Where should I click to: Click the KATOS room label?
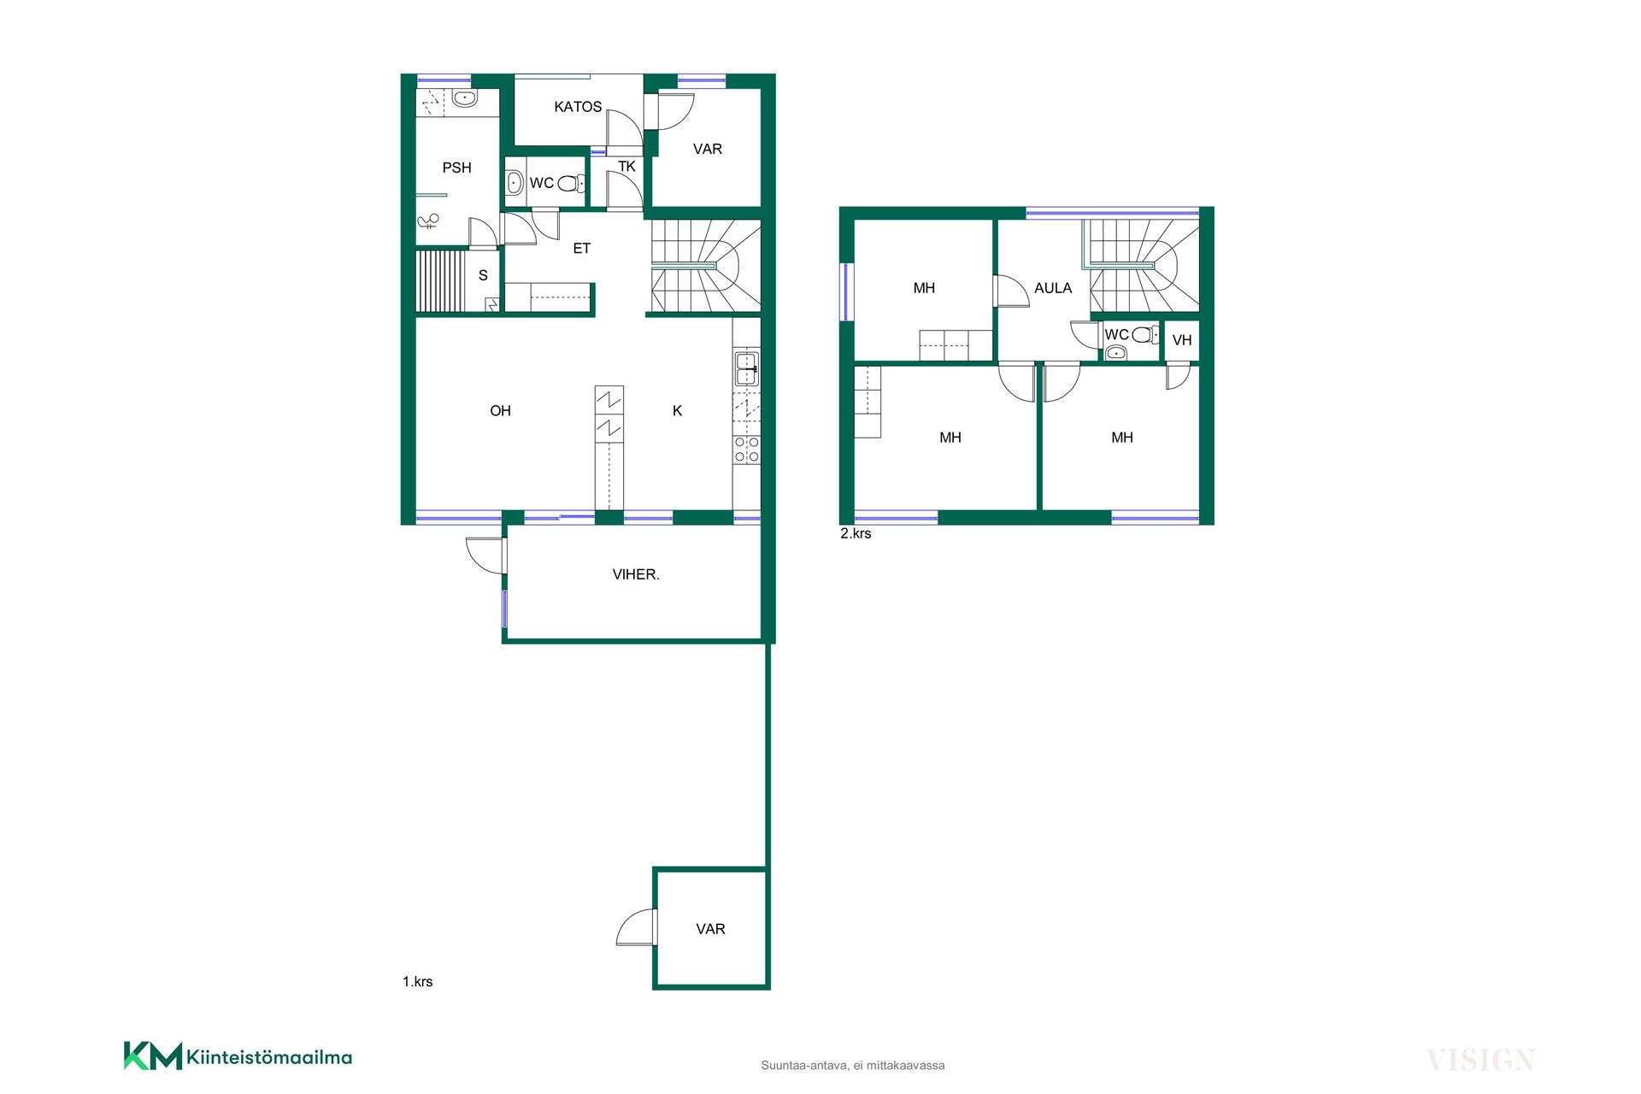(x=578, y=107)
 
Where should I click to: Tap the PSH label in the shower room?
(x=456, y=168)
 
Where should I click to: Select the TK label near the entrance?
(x=626, y=167)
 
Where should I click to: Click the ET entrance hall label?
(x=581, y=249)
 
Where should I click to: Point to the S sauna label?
(x=483, y=275)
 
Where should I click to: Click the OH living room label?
(x=500, y=411)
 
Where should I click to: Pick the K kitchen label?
(x=677, y=411)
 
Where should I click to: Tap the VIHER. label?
(x=636, y=574)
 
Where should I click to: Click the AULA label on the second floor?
(x=1053, y=288)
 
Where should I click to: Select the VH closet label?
(x=1182, y=340)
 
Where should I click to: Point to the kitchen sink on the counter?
(x=746, y=369)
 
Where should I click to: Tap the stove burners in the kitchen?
(x=746, y=450)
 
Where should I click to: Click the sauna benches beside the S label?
(x=441, y=281)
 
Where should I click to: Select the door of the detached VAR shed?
(x=637, y=927)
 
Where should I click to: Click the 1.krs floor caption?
(x=417, y=982)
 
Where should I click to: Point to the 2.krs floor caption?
(x=856, y=533)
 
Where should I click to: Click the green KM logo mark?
(x=153, y=1056)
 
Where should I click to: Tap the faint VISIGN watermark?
(x=1480, y=1061)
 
